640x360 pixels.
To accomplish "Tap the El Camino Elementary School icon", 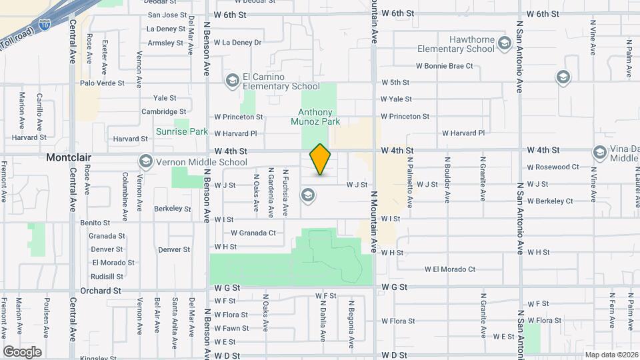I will [x=232, y=81].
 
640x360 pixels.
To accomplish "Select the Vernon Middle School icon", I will [x=145, y=161].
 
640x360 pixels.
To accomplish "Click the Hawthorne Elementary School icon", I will [x=505, y=44].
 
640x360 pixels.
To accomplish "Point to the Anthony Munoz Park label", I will [x=315, y=117].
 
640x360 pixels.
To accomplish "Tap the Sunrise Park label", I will [x=182, y=131].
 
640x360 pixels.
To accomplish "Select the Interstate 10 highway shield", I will [x=44, y=25].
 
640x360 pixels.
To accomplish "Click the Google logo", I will [x=22, y=351].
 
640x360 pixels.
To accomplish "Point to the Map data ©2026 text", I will [x=611, y=355].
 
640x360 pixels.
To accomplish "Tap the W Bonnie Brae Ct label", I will [x=444, y=66].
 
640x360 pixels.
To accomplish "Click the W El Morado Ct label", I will [x=450, y=269].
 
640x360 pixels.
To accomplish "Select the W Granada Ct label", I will [x=253, y=233].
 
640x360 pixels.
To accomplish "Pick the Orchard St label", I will [x=100, y=291].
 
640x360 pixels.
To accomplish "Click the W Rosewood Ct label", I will [x=553, y=167].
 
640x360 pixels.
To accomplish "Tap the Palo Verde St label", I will [x=102, y=83].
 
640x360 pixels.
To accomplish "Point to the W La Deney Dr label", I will [x=237, y=43].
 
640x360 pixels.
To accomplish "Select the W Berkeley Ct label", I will [x=550, y=201].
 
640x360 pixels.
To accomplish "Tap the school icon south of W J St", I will [x=307, y=195].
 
